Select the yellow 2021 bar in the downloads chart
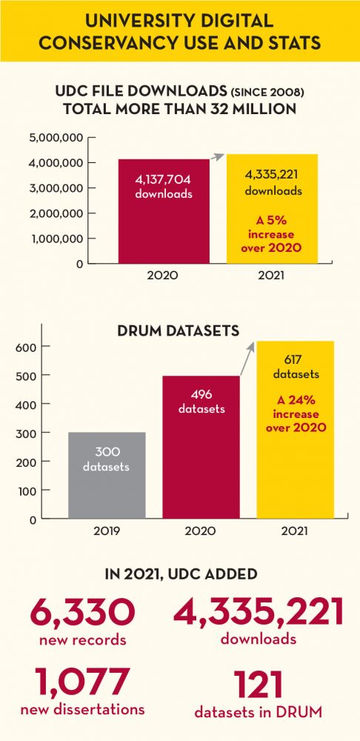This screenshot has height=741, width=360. [272, 209]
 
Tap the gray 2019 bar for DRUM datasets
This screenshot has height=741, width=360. [107, 475]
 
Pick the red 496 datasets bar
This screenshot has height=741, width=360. [201, 447]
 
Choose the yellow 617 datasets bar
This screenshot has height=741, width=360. [296, 430]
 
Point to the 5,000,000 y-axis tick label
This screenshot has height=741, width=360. [56, 138]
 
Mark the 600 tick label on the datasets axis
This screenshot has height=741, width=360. [27, 347]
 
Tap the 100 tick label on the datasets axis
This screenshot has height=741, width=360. [28, 491]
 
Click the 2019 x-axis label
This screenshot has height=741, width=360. [107, 531]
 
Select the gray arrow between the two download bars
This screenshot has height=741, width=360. [217, 157]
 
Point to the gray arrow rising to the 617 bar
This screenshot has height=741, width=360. [247, 358]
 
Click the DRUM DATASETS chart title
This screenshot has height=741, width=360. [178, 331]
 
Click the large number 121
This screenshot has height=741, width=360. [259, 685]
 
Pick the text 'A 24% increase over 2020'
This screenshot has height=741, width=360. [296, 414]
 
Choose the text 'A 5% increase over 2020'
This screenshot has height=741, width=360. [271, 235]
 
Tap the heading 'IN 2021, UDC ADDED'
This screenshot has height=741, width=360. [180, 574]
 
